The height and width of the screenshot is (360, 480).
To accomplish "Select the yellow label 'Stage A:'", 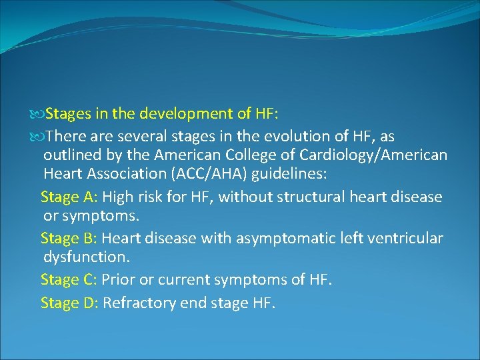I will (x=69, y=197).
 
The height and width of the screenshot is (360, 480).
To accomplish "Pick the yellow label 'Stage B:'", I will (x=69, y=238).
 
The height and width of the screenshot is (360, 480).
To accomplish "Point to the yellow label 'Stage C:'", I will (x=69, y=279).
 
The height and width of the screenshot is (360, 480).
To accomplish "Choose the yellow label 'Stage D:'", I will (x=70, y=303).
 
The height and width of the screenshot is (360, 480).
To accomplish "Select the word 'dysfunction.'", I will (x=85, y=257).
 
